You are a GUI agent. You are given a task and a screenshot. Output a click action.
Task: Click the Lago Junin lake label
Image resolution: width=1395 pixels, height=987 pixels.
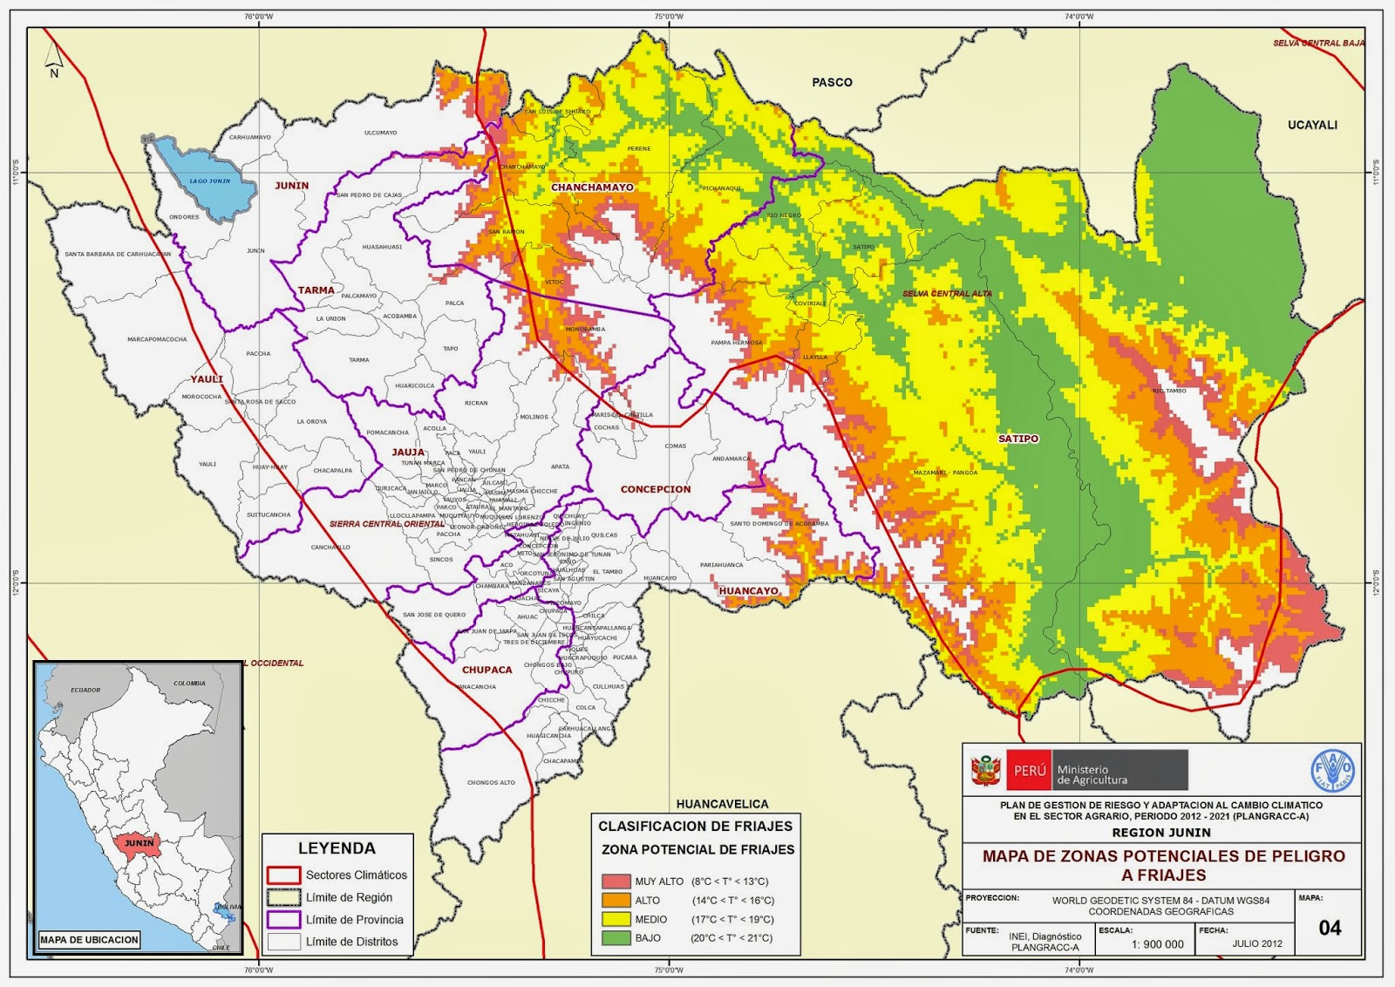[210, 180]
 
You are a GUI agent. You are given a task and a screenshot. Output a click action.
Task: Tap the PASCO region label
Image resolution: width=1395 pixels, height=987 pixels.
[832, 82]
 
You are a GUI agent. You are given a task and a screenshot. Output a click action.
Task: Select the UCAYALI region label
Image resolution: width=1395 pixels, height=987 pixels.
[1312, 125]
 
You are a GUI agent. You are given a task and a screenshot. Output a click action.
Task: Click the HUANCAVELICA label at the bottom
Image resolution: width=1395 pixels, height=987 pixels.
[722, 804]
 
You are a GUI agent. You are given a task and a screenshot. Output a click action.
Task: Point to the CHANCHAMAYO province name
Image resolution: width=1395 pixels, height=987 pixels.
[592, 187]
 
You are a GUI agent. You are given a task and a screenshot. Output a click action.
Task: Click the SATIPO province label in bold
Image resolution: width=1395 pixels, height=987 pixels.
[1018, 439]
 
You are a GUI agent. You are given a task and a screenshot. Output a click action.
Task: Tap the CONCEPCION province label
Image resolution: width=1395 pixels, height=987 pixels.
[656, 489]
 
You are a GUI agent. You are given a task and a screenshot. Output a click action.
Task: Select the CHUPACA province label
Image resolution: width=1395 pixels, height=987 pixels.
[487, 670]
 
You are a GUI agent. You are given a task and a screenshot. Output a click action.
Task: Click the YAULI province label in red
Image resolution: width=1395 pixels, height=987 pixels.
[207, 379]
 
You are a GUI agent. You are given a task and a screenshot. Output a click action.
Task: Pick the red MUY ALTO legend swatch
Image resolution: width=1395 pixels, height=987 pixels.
[616, 881]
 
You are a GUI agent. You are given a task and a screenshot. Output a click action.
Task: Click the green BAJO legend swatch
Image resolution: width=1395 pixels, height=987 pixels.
[616, 938]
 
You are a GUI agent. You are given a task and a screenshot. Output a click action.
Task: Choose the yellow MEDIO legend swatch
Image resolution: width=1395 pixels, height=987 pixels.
[616, 919]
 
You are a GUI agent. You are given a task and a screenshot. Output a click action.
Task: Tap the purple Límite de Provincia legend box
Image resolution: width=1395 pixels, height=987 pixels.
[283, 920]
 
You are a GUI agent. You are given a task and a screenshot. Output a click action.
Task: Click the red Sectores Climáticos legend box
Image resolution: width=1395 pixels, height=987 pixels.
[283, 875]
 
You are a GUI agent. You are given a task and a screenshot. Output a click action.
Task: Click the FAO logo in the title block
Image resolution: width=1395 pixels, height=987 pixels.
[1333, 771]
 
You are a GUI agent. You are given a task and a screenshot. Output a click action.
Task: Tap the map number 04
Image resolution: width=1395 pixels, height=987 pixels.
[1330, 928]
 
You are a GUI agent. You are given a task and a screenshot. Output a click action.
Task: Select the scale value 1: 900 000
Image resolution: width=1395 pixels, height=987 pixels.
[1157, 944]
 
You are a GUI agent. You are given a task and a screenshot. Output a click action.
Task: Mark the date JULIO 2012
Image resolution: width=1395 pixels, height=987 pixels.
[1256, 943]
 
